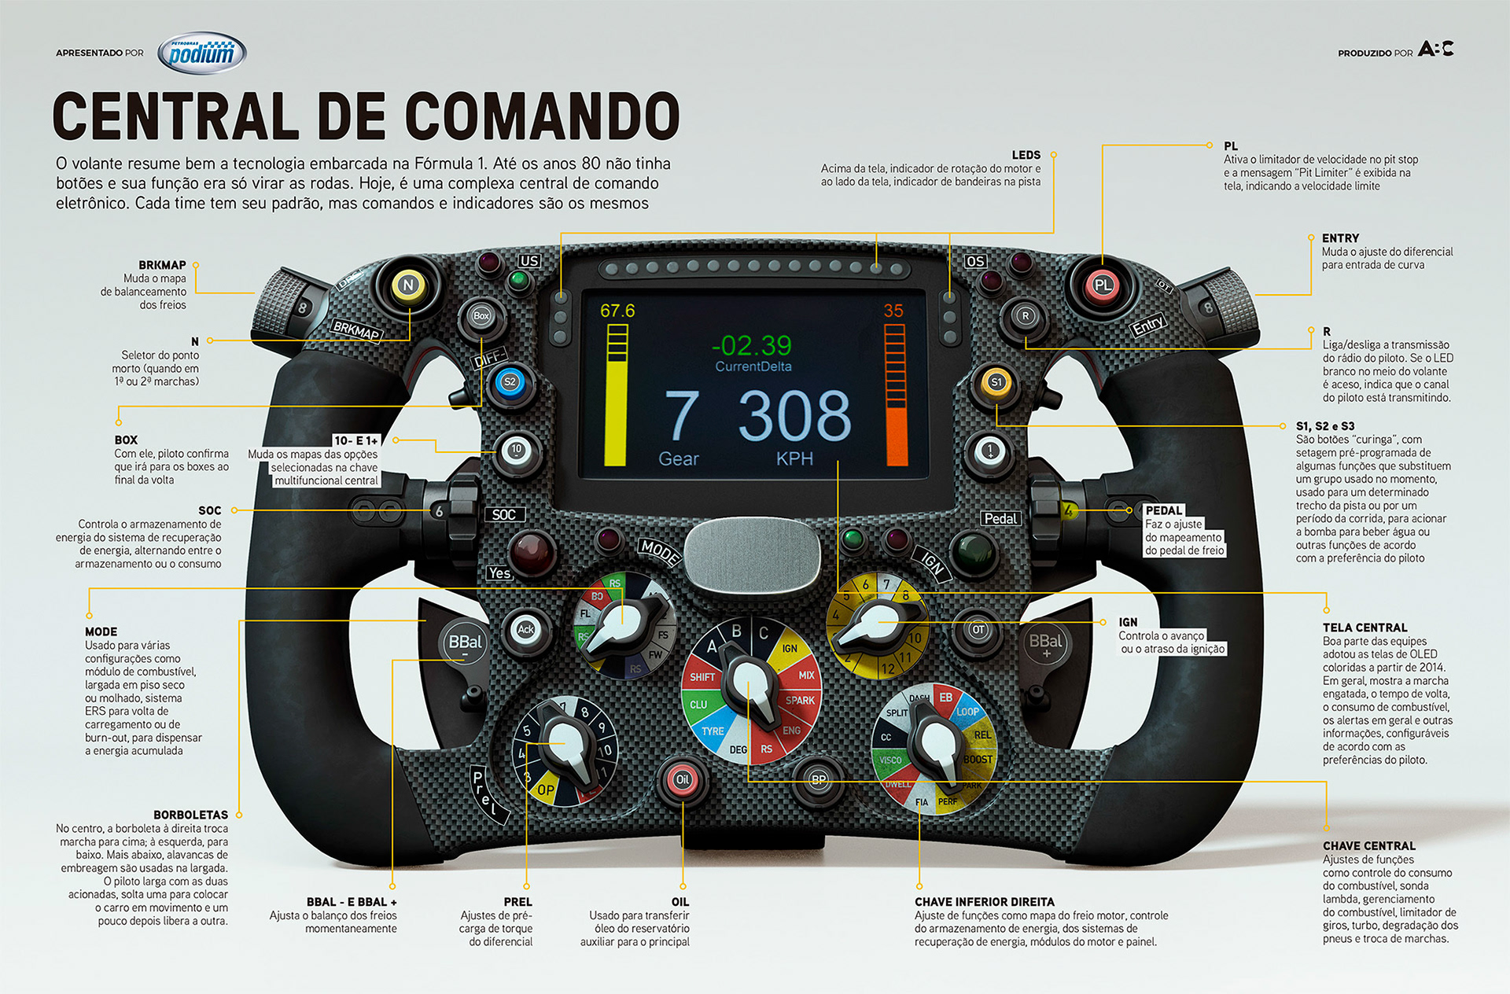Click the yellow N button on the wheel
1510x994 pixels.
407,285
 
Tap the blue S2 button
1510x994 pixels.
510,382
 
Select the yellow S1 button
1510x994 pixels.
996,382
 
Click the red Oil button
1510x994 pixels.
682,779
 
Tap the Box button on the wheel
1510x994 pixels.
481,316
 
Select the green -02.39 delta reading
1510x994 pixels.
751,345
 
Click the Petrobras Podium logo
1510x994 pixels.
202,53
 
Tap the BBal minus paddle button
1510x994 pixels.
465,645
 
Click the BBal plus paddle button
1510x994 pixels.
1046,645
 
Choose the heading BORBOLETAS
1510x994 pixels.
190,815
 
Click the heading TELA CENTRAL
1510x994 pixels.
1365,628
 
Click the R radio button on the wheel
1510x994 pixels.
1024,316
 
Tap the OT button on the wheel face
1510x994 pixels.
978,629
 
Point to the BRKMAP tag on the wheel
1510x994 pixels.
356,330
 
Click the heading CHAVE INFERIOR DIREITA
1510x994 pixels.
984,902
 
